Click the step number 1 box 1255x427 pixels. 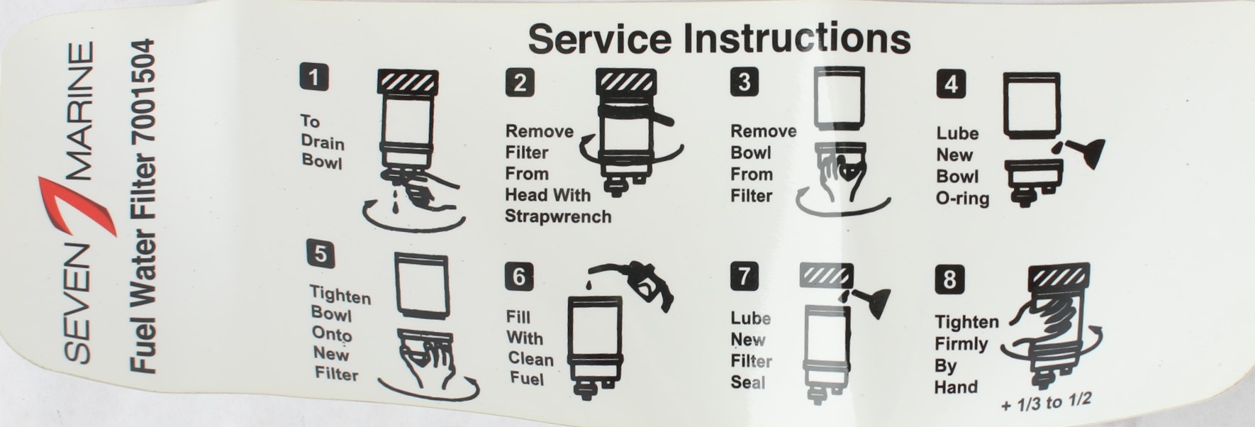click(314, 77)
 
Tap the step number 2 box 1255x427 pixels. click(520, 82)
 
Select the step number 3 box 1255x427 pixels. click(744, 82)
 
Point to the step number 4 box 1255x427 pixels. click(951, 84)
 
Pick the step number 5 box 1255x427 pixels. click(320, 253)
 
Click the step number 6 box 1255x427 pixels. click(519, 276)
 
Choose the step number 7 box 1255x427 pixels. click(744, 275)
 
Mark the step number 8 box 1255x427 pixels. click(950, 279)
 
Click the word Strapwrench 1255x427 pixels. click(558, 216)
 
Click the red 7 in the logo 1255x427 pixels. click(78, 206)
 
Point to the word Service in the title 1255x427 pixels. click(599, 38)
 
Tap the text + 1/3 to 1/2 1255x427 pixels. click(1046, 402)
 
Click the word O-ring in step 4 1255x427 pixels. click(962, 198)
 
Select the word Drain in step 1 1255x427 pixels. click(323, 142)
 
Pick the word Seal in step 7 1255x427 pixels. click(748, 382)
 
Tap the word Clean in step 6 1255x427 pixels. click(530, 358)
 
